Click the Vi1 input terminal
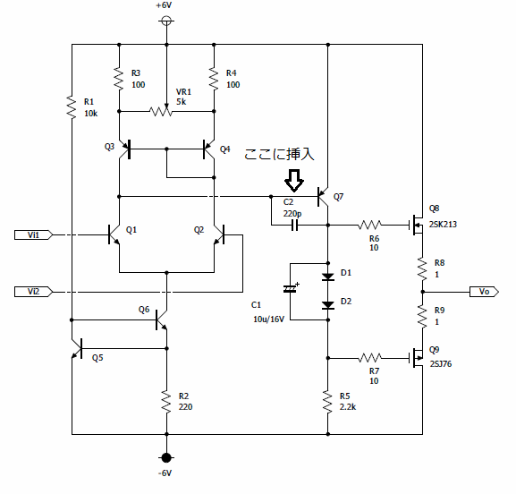[33, 234]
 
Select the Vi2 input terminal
[33, 292]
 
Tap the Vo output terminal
[484, 292]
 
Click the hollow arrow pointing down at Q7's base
[294, 181]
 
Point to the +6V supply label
[164, 5]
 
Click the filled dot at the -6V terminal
[166, 457]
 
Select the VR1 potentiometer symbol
[161, 111]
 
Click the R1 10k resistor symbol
[72, 106]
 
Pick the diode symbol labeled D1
[328, 277]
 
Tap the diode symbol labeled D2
[328, 305]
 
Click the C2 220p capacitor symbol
[295, 226]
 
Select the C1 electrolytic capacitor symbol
[290, 289]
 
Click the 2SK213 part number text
[443, 225]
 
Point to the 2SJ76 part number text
[441, 364]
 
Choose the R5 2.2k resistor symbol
[327, 401]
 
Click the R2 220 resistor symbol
[166, 401]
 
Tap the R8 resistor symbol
[422, 268]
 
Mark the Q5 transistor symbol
[78, 348]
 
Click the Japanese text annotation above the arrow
[279, 154]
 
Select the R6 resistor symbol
[369, 226]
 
